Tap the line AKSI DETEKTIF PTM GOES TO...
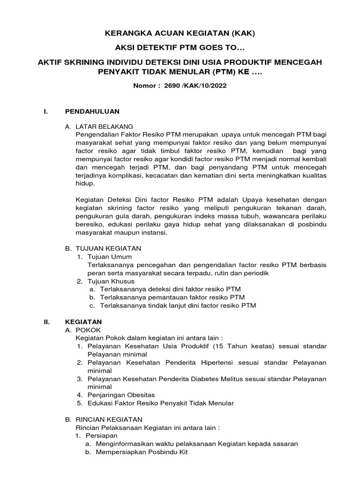(x=180, y=48)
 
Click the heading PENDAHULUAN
(x=92, y=111)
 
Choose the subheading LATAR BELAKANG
(x=104, y=127)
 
